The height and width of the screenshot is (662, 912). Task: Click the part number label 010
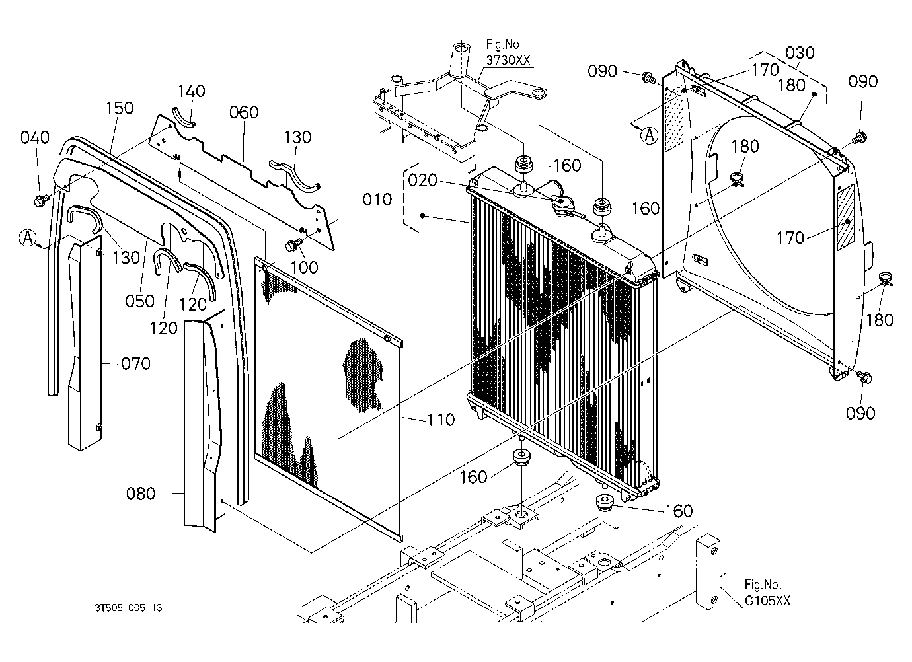coord(377,200)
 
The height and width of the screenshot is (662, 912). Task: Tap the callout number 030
coord(800,53)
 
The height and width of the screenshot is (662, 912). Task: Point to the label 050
coord(139,301)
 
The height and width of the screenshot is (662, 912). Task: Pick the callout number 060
coord(244,112)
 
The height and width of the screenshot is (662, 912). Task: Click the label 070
coord(136,363)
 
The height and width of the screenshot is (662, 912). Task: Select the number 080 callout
coord(141,494)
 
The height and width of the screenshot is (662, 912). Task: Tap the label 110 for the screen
coord(441,420)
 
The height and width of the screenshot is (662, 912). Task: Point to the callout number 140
coord(192,91)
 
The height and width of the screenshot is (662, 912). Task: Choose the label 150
coord(120,108)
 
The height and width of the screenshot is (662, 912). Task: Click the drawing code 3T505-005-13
coord(129,608)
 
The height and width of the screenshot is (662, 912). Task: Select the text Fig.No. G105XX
coord(767,593)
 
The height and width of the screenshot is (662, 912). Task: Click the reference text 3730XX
coord(508,61)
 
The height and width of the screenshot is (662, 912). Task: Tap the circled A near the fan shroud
coord(650,135)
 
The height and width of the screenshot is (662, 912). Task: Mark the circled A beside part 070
coord(28,238)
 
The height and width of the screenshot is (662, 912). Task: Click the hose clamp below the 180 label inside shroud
coord(736,179)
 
